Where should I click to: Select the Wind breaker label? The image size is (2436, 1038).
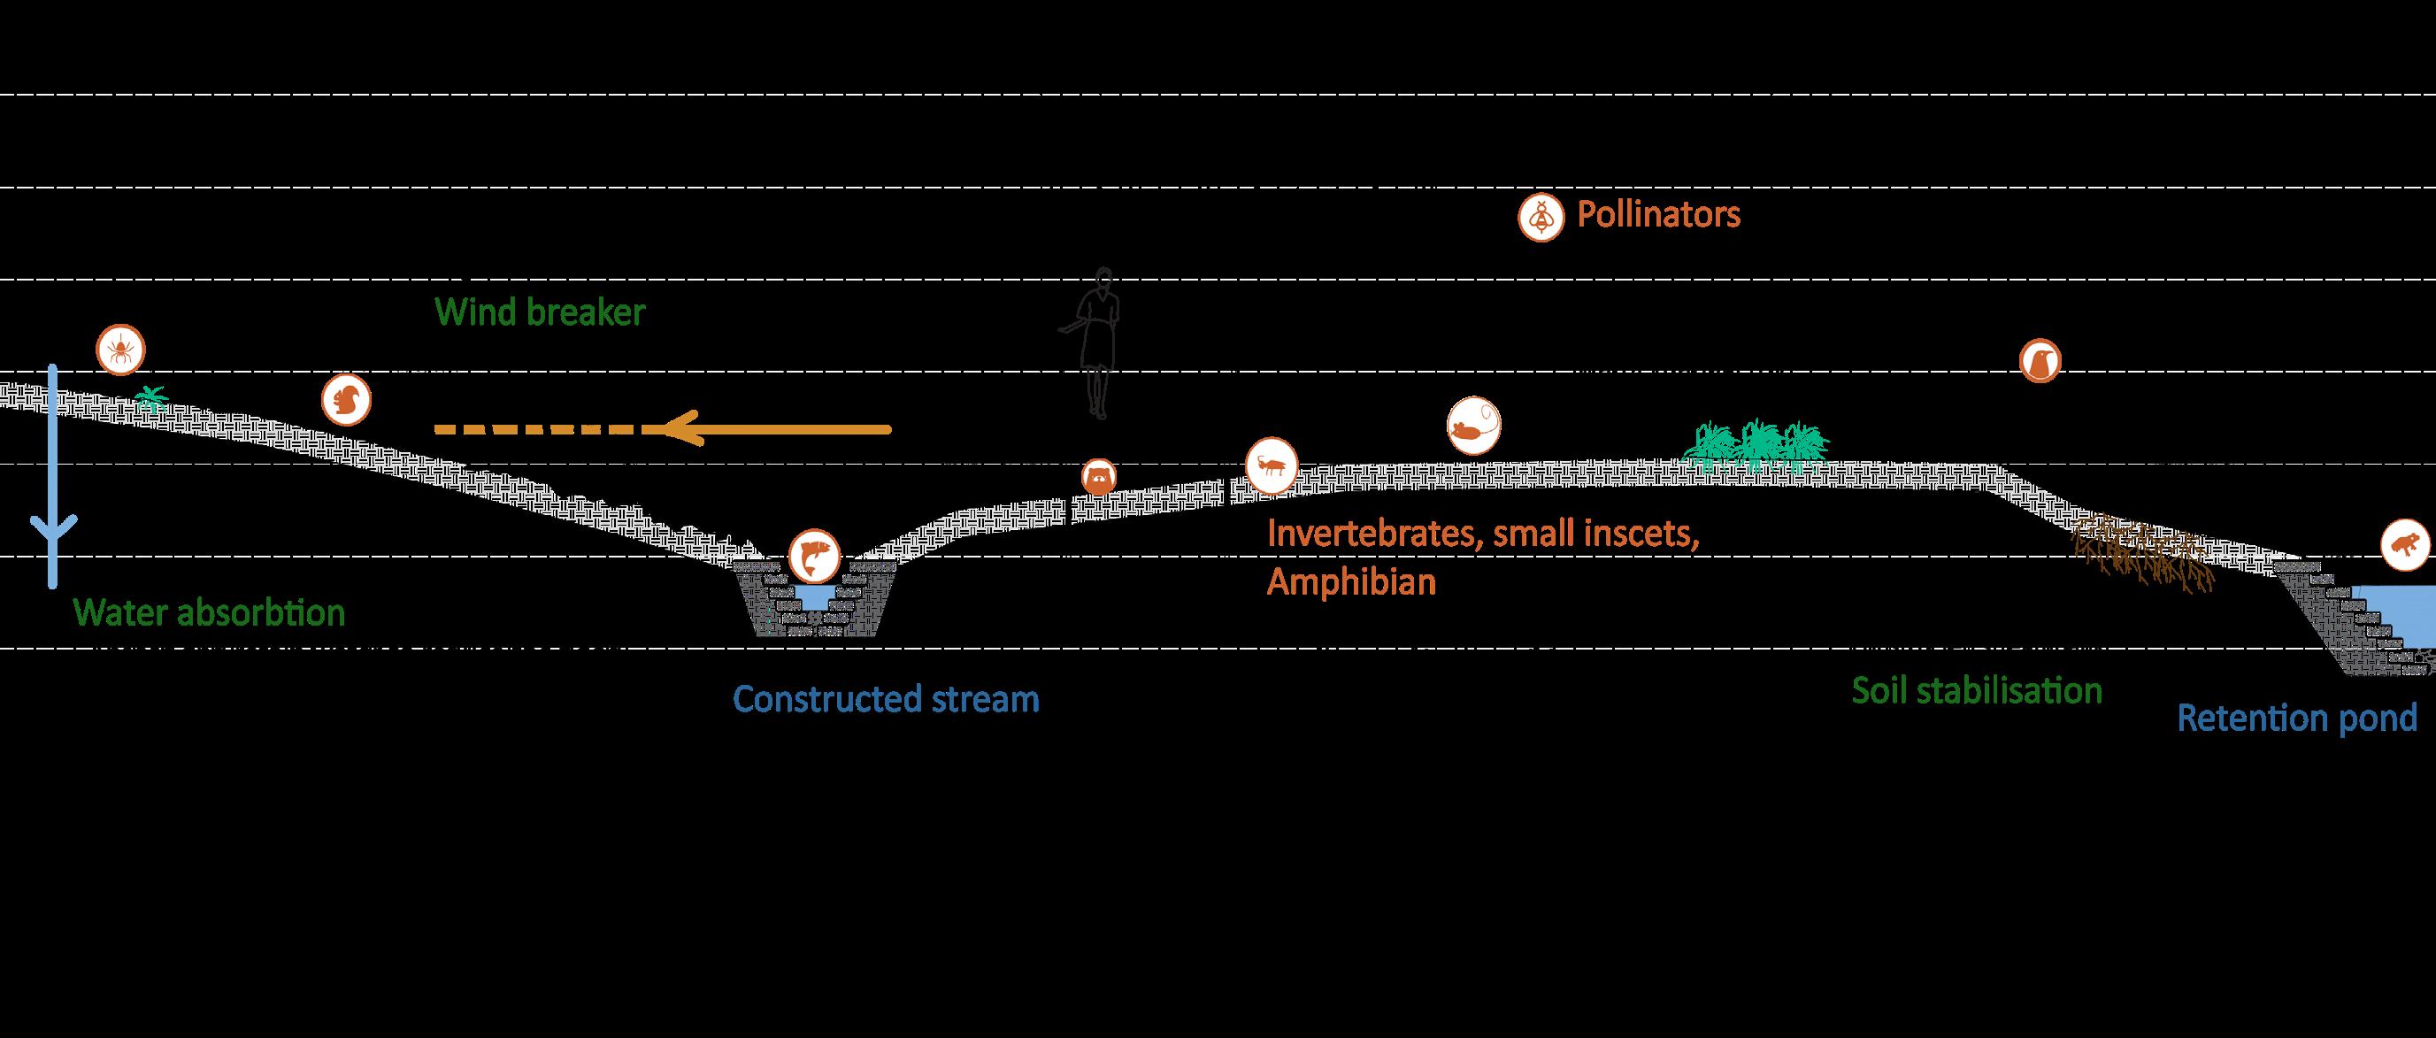click(x=540, y=312)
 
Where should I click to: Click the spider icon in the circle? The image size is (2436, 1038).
click(x=121, y=350)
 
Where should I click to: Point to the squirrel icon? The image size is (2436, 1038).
click(x=345, y=401)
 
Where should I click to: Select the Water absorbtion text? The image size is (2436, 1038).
click(x=211, y=612)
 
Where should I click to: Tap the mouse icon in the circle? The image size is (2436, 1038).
click(x=1473, y=427)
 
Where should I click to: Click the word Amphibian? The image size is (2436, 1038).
click(x=1351, y=582)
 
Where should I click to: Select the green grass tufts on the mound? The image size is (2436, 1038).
click(x=1757, y=442)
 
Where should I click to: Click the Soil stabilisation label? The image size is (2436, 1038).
click(x=1977, y=691)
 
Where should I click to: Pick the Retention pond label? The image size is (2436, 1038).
click(x=2297, y=719)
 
